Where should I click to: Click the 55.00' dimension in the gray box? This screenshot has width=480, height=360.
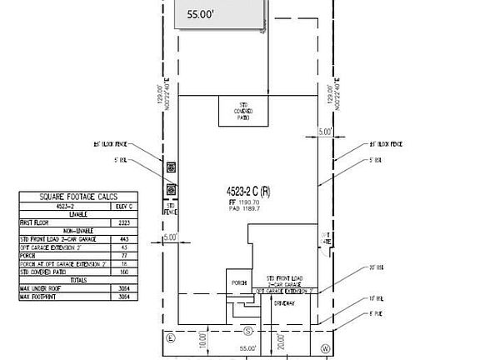pyautogui.click(x=200, y=15)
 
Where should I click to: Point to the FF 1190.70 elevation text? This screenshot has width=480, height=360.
pyautogui.click(x=250, y=202)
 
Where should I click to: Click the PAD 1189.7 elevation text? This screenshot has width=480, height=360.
pyautogui.click(x=250, y=210)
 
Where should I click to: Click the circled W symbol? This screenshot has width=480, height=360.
pyautogui.click(x=327, y=348)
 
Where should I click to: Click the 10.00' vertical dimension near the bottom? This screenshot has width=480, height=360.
pyautogui.click(x=202, y=340)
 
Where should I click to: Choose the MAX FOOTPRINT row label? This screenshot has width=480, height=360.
pyautogui.click(x=41, y=295)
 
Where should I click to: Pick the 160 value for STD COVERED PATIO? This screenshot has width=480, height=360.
pyautogui.click(x=124, y=272)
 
